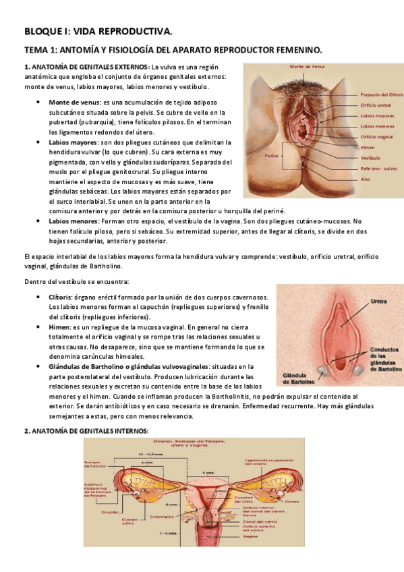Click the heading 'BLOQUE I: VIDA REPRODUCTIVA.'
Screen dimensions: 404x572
(x=98, y=30)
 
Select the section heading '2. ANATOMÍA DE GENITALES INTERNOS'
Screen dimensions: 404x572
(x=85, y=431)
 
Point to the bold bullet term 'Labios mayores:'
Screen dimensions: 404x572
(x=73, y=142)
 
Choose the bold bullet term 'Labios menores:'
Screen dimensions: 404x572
(x=73, y=221)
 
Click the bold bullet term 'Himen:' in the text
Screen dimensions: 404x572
(x=61, y=326)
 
